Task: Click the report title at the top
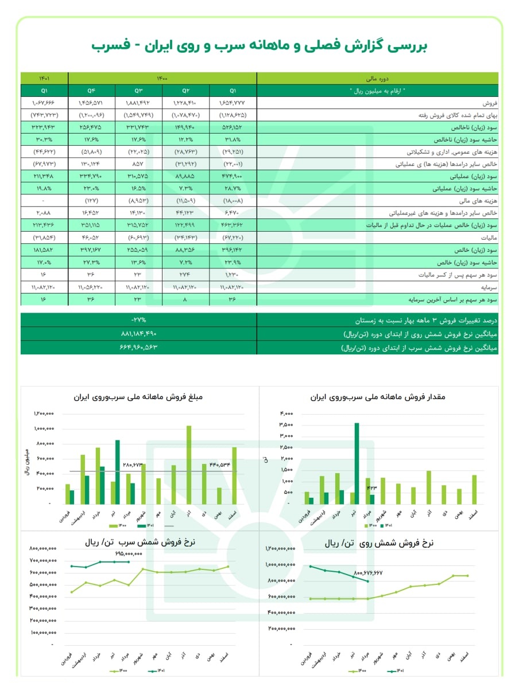(x=259, y=45)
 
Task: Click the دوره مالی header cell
(x=377, y=79)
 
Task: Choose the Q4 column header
(x=91, y=91)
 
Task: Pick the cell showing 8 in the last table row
(x=186, y=299)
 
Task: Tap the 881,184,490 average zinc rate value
(x=138, y=334)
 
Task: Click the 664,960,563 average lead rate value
(x=138, y=348)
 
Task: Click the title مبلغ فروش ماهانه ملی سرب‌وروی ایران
(x=139, y=397)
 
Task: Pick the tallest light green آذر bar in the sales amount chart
(x=188, y=465)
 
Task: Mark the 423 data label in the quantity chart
(x=371, y=489)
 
